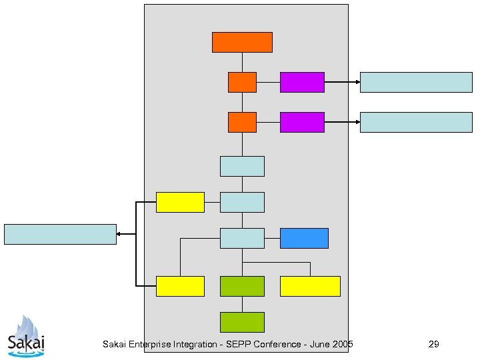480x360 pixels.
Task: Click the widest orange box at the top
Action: pyautogui.click(x=242, y=42)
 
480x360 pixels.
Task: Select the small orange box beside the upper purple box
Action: pyautogui.click(x=242, y=82)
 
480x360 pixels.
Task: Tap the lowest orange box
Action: pyautogui.click(x=242, y=122)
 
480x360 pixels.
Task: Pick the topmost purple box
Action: pyautogui.click(x=302, y=82)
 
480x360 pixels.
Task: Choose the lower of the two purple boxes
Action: pyautogui.click(x=302, y=122)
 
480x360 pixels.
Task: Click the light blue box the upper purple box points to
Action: pyautogui.click(x=416, y=82)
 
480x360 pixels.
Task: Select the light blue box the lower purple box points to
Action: pyautogui.click(x=416, y=122)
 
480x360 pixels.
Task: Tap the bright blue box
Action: pyautogui.click(x=304, y=238)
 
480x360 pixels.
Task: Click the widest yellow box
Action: pyautogui.click(x=310, y=286)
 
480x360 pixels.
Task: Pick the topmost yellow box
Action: pyautogui.click(x=180, y=202)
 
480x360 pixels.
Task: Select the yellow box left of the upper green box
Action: pyautogui.click(x=180, y=286)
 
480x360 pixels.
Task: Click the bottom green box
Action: pyautogui.click(x=242, y=322)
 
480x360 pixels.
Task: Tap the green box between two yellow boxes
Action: pyautogui.click(x=242, y=286)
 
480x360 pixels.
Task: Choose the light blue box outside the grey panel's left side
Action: pyautogui.click(x=60, y=234)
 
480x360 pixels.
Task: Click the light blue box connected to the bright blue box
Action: pyautogui.click(x=242, y=238)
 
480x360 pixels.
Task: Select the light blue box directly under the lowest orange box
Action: pyautogui.click(x=242, y=166)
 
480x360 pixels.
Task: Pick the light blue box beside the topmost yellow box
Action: pyautogui.click(x=242, y=202)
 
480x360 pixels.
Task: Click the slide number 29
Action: pyautogui.click(x=433, y=344)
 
